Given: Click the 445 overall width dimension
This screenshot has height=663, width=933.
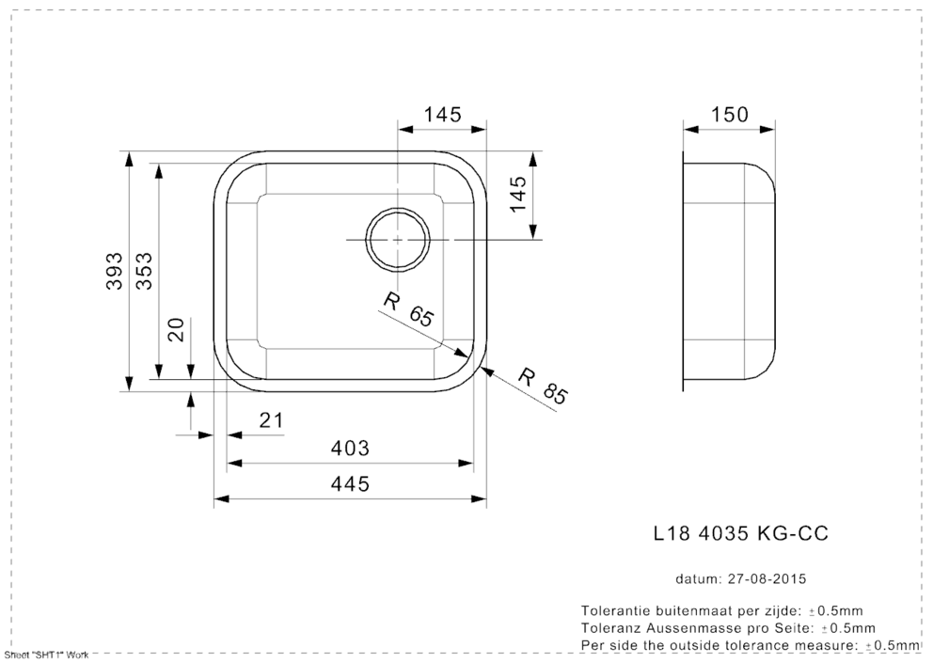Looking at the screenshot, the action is pyautogui.click(x=350, y=484).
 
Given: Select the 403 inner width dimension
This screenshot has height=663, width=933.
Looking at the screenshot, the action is pyautogui.click(x=350, y=448).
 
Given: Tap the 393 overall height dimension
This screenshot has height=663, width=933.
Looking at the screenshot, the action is pyautogui.click(x=114, y=271).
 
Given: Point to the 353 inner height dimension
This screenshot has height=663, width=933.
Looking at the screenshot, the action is pyautogui.click(x=144, y=271).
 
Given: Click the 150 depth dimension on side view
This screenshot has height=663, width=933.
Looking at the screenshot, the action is pyautogui.click(x=730, y=114).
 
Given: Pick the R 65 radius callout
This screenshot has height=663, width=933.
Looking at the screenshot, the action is pyautogui.click(x=409, y=309).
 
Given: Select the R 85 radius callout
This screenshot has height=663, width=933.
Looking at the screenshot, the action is pyautogui.click(x=544, y=387).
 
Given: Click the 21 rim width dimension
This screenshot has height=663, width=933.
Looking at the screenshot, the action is pyautogui.click(x=271, y=420).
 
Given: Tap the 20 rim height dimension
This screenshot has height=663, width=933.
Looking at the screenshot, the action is pyautogui.click(x=176, y=329).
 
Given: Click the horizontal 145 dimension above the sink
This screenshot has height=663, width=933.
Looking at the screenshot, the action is pyautogui.click(x=443, y=114).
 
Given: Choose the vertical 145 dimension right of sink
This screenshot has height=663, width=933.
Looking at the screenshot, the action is pyautogui.click(x=517, y=194).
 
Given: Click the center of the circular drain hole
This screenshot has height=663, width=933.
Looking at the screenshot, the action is pyautogui.click(x=398, y=239).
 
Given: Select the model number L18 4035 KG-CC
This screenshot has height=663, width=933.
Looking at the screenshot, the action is pyautogui.click(x=740, y=533).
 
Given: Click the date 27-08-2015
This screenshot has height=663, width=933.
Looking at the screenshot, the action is pyautogui.click(x=767, y=578).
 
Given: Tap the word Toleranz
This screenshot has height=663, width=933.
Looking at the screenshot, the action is pyautogui.click(x=609, y=628).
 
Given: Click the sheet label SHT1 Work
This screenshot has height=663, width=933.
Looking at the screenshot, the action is pyautogui.click(x=47, y=655).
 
